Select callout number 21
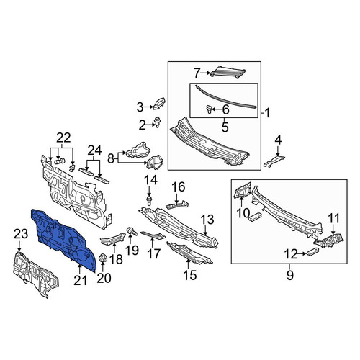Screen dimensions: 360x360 [80, 280]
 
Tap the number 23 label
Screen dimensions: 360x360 [21, 234]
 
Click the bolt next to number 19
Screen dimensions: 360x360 [132, 231]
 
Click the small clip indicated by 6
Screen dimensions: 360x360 [209, 109]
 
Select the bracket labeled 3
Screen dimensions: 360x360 [159, 103]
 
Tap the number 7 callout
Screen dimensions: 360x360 [197, 73]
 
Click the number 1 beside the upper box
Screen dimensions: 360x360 [267, 113]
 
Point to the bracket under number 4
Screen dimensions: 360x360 [274, 161]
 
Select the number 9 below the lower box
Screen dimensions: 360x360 [290, 275]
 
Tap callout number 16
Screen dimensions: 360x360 [178, 187]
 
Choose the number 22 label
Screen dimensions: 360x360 [63, 138]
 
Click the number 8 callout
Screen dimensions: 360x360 [110, 158]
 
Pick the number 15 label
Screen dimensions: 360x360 [189, 275]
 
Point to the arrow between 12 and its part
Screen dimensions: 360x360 [302, 253]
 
